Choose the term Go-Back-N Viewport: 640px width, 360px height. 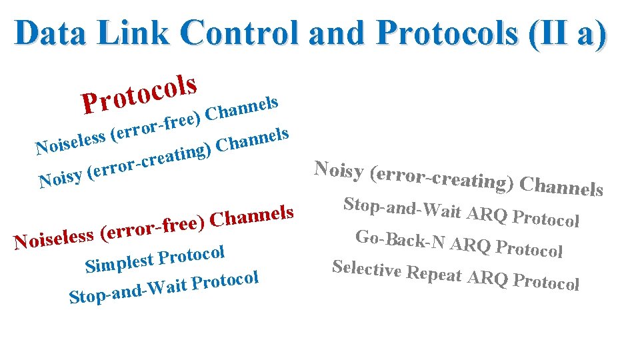click(400, 241)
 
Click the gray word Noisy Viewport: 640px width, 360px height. click(339, 170)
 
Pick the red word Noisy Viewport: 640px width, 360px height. click(63, 178)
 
